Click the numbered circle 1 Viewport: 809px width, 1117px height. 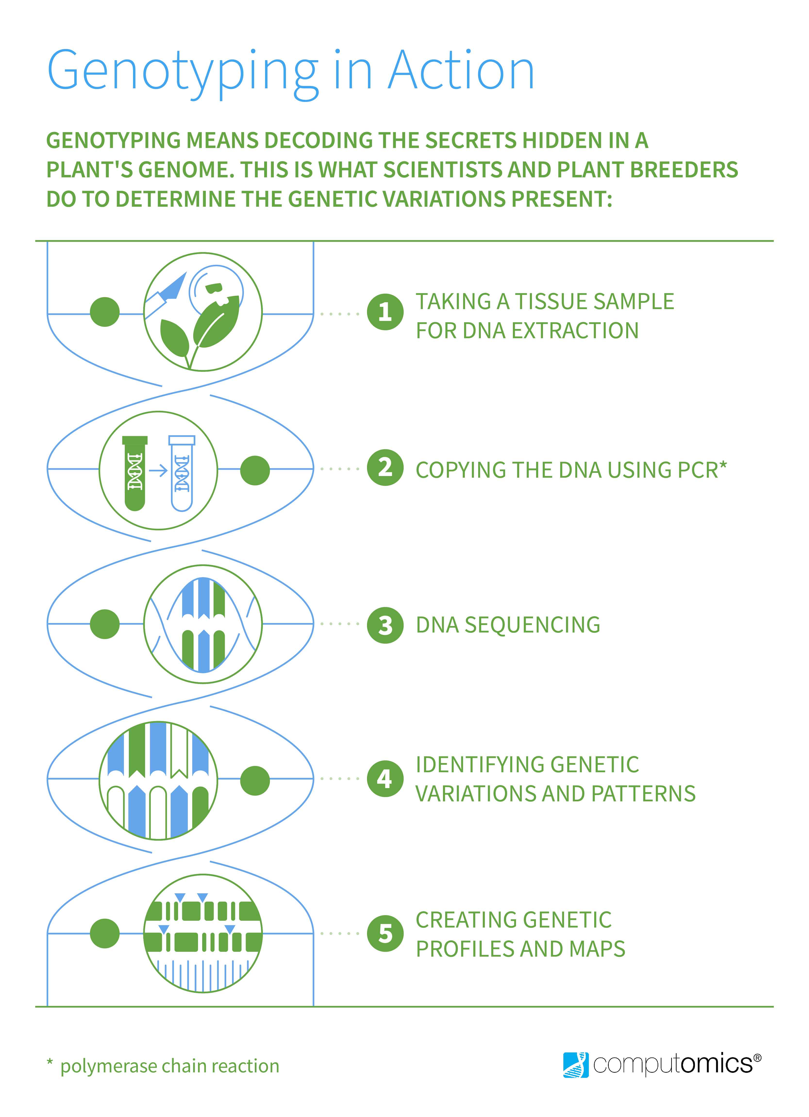385,312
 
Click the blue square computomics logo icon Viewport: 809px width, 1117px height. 576,1065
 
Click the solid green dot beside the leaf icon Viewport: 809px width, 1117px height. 105,312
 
